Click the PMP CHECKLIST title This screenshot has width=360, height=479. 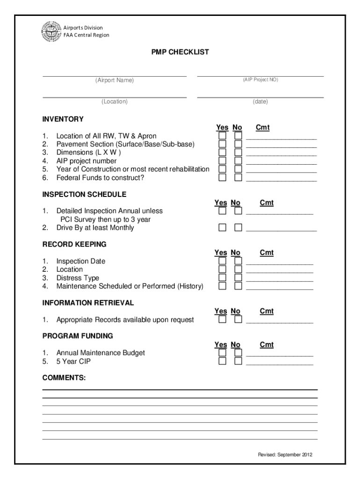pyautogui.click(x=180, y=52)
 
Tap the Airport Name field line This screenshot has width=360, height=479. pyautogui.click(x=115, y=75)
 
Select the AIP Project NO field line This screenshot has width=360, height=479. pyautogui.click(x=260, y=75)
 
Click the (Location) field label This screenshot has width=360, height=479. pyautogui.click(x=115, y=102)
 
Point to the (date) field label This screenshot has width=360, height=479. pyautogui.click(x=260, y=102)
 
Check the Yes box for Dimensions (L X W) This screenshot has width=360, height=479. pyautogui.click(x=223, y=152)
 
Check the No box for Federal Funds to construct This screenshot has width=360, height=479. pyautogui.click(x=238, y=178)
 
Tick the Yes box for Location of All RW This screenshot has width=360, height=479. pyautogui.click(x=223, y=136)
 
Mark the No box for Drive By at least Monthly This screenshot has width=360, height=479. pyautogui.click(x=238, y=228)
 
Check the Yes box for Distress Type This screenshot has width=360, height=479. pyautogui.click(x=223, y=278)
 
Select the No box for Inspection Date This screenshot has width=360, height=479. pyautogui.click(x=238, y=261)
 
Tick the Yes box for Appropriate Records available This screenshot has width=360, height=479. pyautogui.click(x=223, y=319)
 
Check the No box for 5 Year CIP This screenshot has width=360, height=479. pyautogui.click(x=238, y=361)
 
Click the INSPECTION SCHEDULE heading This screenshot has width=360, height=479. pyautogui.click(x=84, y=194)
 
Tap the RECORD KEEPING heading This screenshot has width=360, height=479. pyautogui.click(x=74, y=244)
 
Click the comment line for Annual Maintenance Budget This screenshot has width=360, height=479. pyautogui.click(x=280, y=356)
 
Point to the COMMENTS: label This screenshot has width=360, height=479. pyautogui.click(x=64, y=377)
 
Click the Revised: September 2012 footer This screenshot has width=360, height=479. pyautogui.click(x=285, y=455)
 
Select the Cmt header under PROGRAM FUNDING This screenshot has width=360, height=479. pyautogui.click(x=266, y=345)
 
